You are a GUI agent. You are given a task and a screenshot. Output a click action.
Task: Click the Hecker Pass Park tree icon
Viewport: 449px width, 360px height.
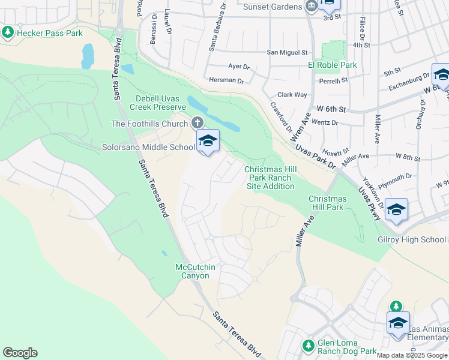(x=8, y=32)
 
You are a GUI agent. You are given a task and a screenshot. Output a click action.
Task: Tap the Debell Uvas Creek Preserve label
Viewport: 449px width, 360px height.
(x=157, y=103)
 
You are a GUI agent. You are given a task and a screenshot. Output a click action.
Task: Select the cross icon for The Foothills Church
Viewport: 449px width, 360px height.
(x=197, y=124)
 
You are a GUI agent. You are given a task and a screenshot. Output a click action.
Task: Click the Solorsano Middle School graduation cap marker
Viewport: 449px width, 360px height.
(x=208, y=141)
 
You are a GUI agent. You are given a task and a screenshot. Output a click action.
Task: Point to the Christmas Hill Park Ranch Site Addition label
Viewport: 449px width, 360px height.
(x=270, y=178)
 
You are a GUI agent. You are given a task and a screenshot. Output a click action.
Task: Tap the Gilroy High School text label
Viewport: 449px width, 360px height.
(x=411, y=239)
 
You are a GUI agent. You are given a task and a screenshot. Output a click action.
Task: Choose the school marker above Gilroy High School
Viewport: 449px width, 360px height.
(x=397, y=209)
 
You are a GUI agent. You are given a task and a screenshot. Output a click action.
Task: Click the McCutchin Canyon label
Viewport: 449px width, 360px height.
(x=192, y=271)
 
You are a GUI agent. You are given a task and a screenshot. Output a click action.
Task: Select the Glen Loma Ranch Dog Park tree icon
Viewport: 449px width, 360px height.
(x=308, y=345)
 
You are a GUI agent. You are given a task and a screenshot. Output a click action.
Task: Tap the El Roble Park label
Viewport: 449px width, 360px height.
(x=333, y=65)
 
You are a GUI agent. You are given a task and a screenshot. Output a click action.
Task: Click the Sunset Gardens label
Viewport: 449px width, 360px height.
(x=273, y=7)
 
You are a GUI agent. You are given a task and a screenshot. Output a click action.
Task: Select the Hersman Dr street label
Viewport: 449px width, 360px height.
(x=227, y=80)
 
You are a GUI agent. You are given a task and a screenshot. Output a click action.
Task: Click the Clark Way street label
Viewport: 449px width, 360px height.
(x=292, y=95)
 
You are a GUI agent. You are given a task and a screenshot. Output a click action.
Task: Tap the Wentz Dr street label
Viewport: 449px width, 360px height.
(x=325, y=122)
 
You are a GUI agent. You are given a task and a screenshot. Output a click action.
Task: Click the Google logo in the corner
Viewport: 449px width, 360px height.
(x=20, y=353)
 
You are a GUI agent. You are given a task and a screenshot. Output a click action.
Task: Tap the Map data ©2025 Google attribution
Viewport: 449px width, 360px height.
(x=411, y=355)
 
